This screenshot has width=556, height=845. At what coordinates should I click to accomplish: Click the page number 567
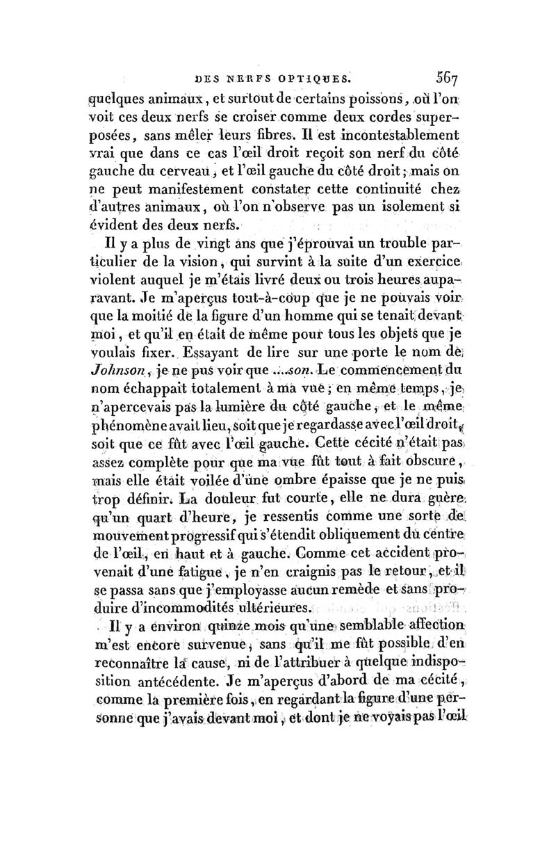434,78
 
